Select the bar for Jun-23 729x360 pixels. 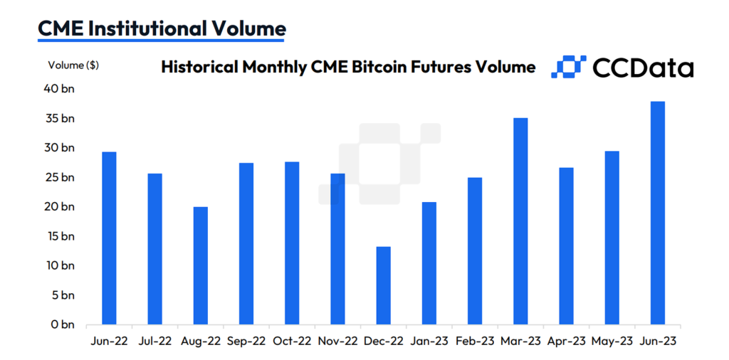[658, 213]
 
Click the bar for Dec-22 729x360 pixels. [383, 285]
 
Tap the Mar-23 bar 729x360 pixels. [520, 221]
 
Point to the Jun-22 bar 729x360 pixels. [109, 238]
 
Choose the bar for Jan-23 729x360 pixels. [429, 263]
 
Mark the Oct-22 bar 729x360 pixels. [292, 243]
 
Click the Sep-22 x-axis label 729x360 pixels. [247, 341]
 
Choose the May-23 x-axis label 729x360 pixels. [613, 341]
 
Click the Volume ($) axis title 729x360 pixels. [73, 65]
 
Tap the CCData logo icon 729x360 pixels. [568, 66]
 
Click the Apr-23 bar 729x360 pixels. [566, 245]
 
